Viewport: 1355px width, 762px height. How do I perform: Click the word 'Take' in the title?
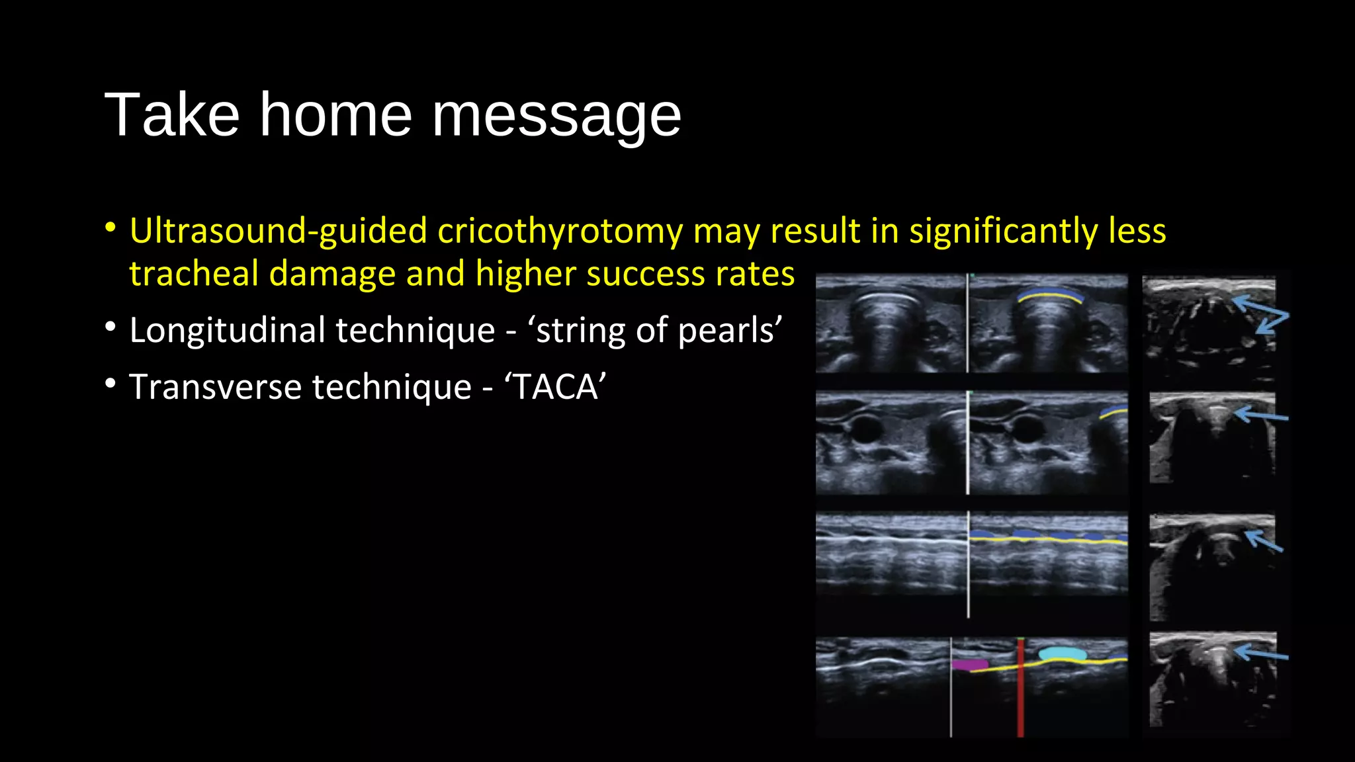point(171,115)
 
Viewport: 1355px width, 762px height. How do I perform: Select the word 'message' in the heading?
point(556,116)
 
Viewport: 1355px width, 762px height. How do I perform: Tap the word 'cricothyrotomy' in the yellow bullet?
point(560,231)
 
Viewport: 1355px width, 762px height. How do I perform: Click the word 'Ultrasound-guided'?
point(278,231)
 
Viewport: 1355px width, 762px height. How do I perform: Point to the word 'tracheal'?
point(193,274)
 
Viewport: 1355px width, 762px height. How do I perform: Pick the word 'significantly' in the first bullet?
point(1003,231)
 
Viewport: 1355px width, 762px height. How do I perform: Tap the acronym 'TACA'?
point(556,387)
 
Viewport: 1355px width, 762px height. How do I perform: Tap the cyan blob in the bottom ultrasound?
point(1063,654)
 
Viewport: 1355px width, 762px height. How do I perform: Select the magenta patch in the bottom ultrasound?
point(970,664)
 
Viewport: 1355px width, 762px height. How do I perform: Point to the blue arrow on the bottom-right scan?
point(1261,654)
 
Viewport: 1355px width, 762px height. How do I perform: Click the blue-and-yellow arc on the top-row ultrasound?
point(1051,295)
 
